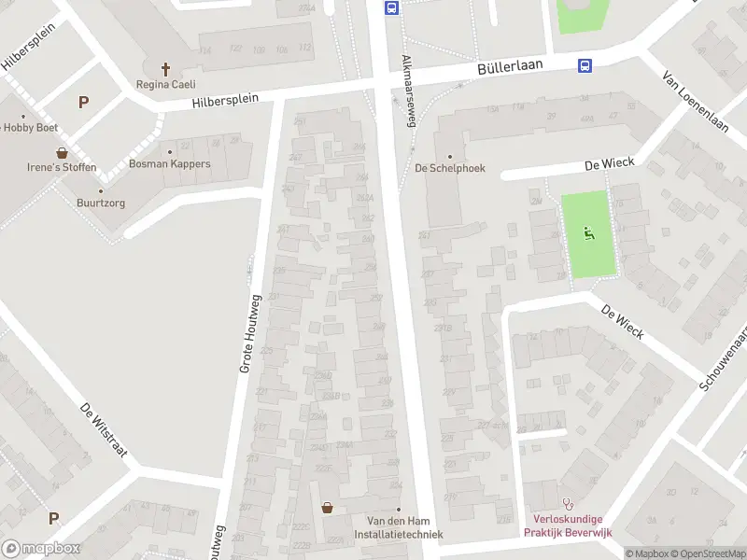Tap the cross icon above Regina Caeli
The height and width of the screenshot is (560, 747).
coord(166,69)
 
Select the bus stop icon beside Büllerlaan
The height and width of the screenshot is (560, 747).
coord(585,65)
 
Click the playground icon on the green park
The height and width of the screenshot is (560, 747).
coord(589,233)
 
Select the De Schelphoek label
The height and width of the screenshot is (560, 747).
coord(450,169)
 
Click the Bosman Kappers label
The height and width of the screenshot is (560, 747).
coord(170,164)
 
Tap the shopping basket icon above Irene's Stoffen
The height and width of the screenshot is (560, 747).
coord(62,152)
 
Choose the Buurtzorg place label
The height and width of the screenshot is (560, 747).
coord(101,202)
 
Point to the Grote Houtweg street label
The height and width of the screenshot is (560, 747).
coord(248,332)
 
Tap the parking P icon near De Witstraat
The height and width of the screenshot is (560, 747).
coord(53,518)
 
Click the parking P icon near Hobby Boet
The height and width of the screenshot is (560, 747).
coord(83,103)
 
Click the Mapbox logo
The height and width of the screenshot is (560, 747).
coord(41,549)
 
